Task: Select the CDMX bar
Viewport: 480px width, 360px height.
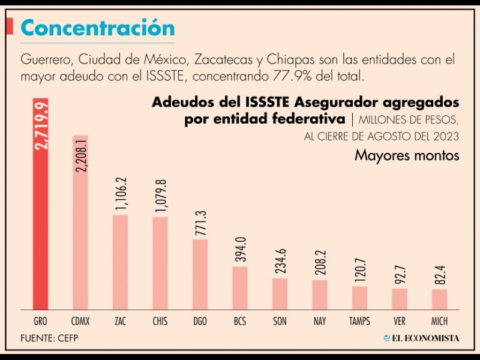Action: tap(80, 240)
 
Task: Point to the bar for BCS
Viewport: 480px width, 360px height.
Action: tap(240, 287)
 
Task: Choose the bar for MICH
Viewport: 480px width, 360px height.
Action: tap(439, 299)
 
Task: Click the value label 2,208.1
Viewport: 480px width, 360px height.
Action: tap(81, 154)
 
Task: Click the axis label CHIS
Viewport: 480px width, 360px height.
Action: tap(160, 322)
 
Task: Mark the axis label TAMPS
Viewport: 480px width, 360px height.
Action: tap(359, 322)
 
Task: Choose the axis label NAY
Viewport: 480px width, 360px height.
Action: tap(320, 322)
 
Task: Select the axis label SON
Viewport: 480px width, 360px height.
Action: tap(280, 322)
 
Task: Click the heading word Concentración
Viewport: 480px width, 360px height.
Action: tap(98, 28)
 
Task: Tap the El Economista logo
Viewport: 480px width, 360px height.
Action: tap(421, 338)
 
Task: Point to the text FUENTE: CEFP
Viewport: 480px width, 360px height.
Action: tap(49, 338)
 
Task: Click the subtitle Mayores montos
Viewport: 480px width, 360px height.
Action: tap(406, 155)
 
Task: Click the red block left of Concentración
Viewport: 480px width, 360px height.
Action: tap(10, 26)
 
